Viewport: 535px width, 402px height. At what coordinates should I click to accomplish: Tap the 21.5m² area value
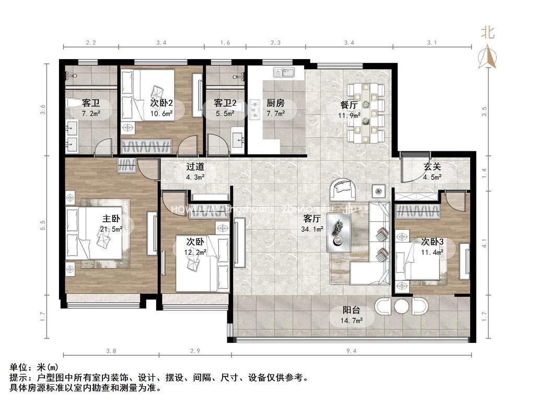(111, 229)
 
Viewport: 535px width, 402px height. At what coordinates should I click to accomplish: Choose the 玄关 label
(432, 167)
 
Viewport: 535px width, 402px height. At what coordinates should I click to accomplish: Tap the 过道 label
(195, 167)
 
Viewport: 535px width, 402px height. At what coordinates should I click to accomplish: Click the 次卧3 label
(432, 242)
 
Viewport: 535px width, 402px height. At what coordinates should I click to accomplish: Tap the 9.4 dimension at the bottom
(351, 351)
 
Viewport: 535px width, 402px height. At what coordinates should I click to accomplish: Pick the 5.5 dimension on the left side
(43, 225)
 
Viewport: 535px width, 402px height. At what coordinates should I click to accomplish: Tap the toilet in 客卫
(73, 103)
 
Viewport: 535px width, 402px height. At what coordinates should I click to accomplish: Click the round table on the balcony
(401, 306)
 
